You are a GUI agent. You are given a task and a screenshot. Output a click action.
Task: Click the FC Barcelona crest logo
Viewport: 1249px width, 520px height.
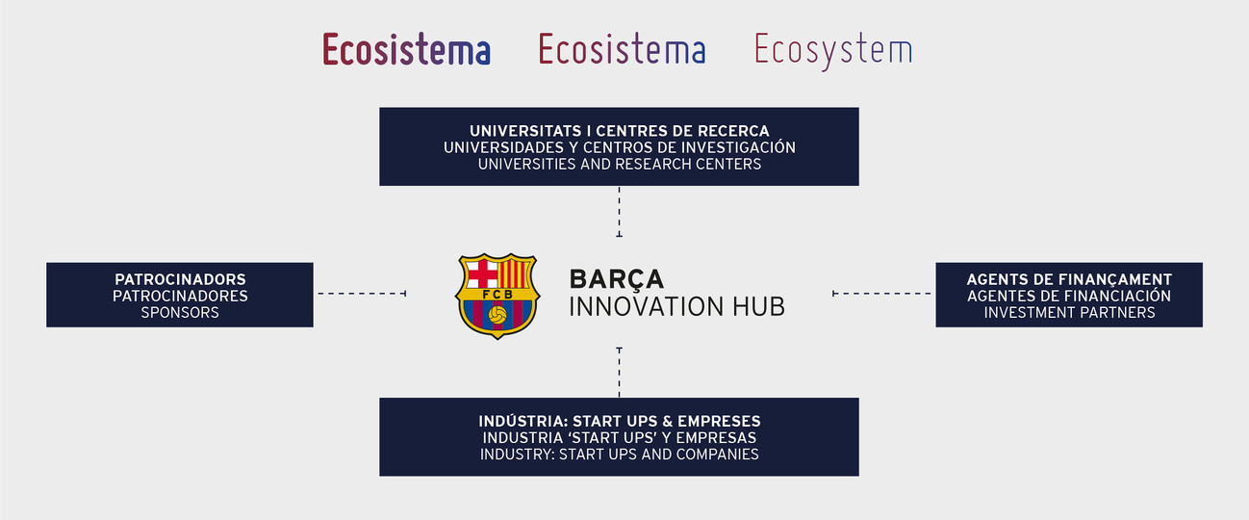coord(497,296)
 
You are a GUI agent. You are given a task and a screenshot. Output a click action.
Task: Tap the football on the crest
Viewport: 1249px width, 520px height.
coord(497,315)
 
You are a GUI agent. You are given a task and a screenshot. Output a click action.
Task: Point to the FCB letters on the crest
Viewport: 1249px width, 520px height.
coord(497,295)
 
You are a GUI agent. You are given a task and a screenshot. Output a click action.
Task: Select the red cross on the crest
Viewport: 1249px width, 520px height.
coord(482,273)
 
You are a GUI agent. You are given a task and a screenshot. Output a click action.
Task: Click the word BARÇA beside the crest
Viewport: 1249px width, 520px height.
coord(616,279)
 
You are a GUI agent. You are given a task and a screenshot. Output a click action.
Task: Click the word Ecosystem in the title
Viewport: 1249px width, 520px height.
coord(833,50)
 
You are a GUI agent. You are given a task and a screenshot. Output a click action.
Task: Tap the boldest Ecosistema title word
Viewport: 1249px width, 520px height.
coord(406,49)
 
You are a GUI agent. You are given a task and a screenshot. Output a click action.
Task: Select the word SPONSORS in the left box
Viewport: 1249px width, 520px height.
coord(180,312)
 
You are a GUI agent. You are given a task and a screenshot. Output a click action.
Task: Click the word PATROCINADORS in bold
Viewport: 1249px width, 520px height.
coord(180,279)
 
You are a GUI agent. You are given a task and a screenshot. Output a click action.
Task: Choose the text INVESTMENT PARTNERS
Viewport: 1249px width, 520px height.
coord(1069,312)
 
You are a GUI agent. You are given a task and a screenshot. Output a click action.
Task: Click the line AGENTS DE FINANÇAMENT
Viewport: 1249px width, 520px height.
coord(1069,279)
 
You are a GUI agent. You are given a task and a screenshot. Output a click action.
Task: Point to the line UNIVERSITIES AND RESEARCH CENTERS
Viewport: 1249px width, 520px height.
coord(619,164)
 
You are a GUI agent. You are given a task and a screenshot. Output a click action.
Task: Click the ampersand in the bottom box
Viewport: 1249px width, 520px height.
coord(668,421)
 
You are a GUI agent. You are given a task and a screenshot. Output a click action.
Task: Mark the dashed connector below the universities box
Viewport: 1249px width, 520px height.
coord(619,212)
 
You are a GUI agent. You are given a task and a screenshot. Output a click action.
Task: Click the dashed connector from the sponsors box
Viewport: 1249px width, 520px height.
coord(362,294)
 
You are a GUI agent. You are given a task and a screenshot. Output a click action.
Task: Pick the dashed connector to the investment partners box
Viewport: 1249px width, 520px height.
coord(881,294)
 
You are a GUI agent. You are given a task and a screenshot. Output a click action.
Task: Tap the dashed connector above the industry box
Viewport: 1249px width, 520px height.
coord(619,372)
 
